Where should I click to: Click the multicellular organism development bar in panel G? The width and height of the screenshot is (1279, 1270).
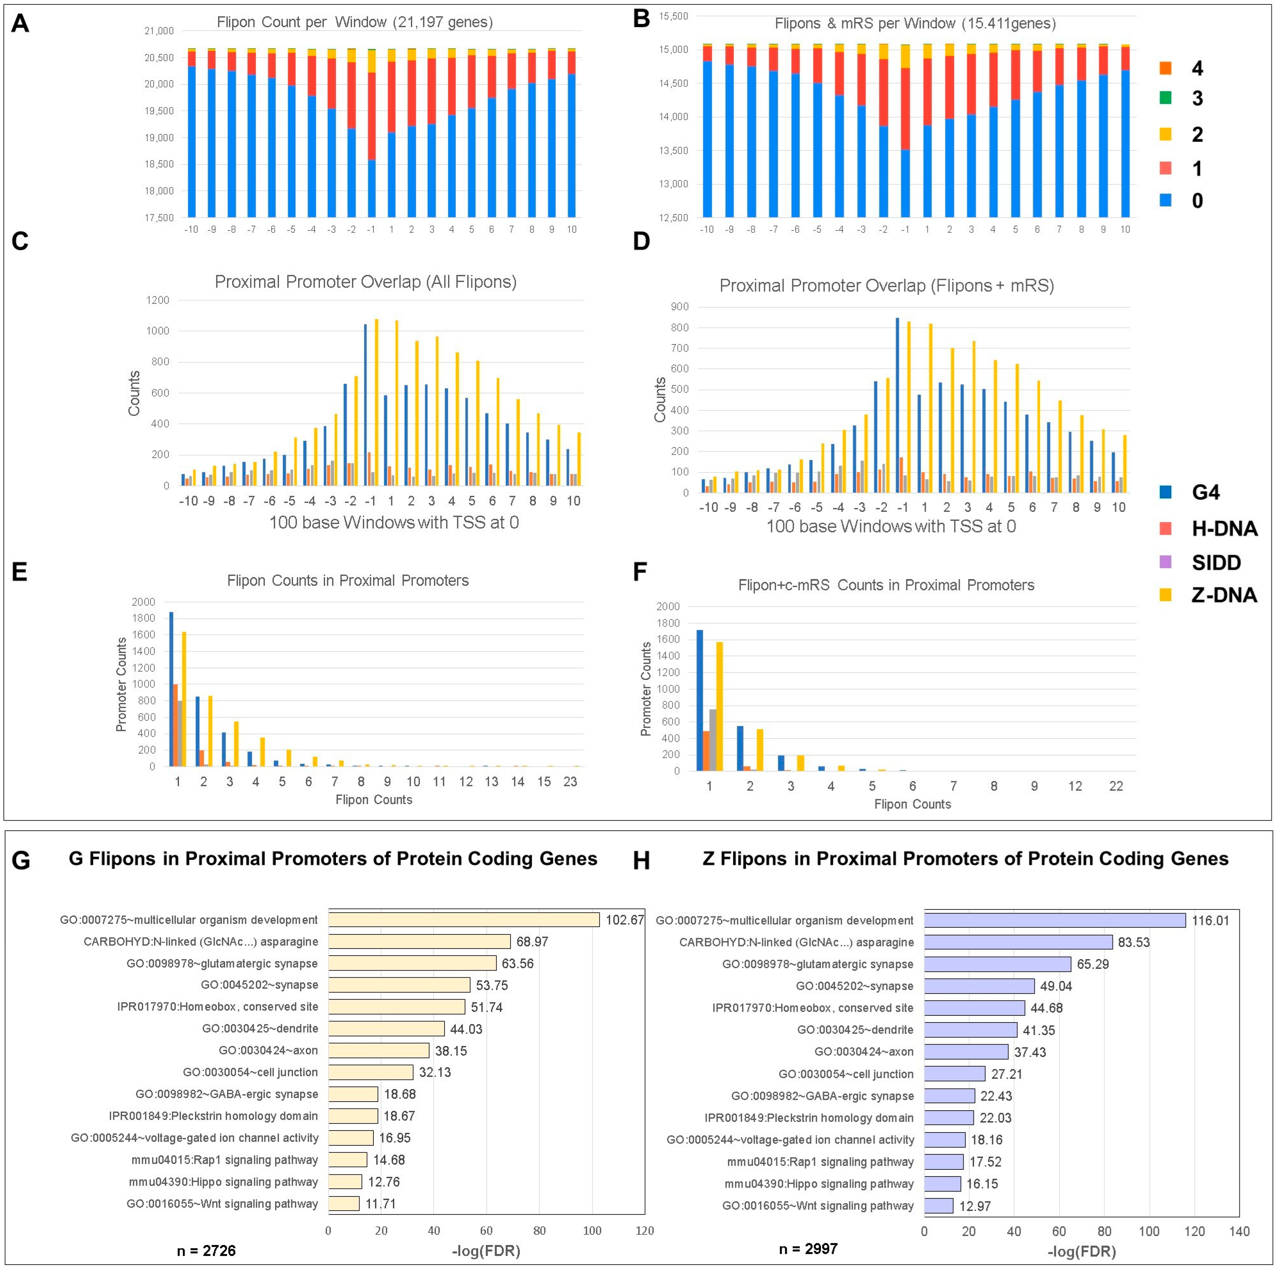(463, 920)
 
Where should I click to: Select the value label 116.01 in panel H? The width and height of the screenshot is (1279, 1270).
(1210, 921)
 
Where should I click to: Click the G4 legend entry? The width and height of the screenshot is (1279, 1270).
(1205, 492)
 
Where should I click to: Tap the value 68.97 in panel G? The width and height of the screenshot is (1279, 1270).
(532, 942)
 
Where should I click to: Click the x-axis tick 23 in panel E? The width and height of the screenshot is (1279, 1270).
(570, 782)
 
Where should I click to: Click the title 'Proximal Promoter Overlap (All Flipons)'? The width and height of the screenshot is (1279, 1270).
(365, 282)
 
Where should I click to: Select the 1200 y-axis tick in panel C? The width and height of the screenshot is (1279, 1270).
(158, 300)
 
